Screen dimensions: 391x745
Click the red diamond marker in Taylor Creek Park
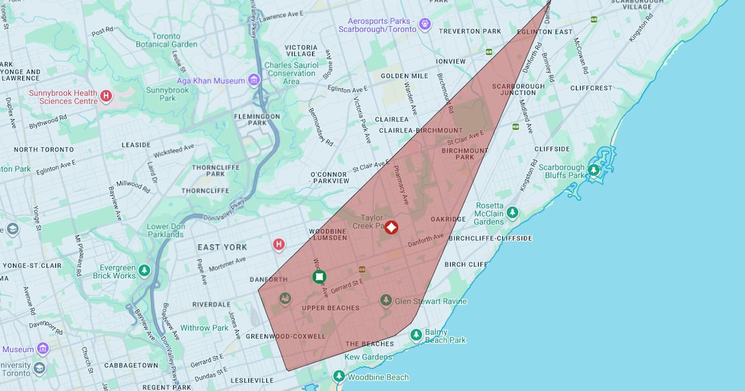coord(391,227)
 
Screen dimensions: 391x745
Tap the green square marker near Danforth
coord(319,277)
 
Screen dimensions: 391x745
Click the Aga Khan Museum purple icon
coord(253,81)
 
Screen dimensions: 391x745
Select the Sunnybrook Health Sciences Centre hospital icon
coord(106,96)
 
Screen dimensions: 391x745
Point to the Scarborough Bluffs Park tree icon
coord(594,170)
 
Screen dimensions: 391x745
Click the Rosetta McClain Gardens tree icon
coord(512,212)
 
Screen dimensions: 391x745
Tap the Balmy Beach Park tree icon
coord(416,335)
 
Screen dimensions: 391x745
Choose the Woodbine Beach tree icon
coord(338,376)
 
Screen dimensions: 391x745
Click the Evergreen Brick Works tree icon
coord(144,271)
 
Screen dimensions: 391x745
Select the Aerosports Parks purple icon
coord(425,24)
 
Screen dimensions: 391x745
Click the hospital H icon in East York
coord(279,245)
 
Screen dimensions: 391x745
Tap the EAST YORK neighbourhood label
coord(222,247)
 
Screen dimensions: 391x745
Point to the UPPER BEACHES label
coord(330,308)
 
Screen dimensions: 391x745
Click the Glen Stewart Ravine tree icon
coord(386,301)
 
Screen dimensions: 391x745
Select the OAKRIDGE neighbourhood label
coord(448,219)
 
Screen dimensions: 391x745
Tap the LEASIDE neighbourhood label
coord(136,145)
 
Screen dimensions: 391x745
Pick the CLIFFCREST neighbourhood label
coord(591,88)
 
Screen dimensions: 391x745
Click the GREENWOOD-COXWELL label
coord(286,336)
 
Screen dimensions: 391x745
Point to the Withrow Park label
coord(204,328)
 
